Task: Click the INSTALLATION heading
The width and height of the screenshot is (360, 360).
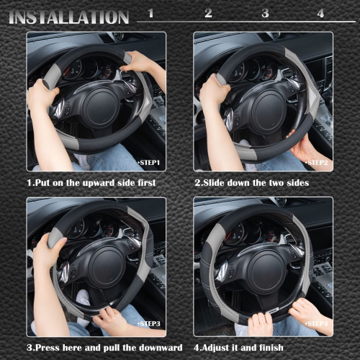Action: pos(69,16)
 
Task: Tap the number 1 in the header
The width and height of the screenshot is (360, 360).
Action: pos(150,13)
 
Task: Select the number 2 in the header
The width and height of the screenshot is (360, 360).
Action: pos(209,13)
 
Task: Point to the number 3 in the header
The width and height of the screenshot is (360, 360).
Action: pos(265,13)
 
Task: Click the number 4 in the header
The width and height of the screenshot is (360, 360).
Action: pos(320,13)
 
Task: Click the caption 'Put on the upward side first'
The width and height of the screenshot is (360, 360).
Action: pos(91,183)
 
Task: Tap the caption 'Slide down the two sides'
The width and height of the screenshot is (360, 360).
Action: pos(251,183)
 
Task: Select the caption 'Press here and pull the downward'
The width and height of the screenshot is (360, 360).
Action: pos(96,349)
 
